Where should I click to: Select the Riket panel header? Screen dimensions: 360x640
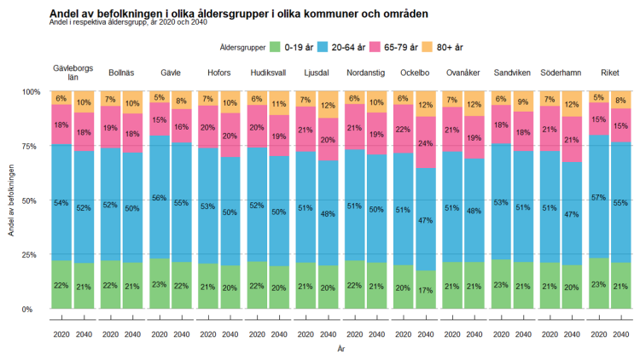tap(610, 73)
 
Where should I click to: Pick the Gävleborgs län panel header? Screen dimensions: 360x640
tap(73, 73)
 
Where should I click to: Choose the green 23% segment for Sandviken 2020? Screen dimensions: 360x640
tap(502, 284)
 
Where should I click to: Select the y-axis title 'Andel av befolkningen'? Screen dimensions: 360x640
tap(10, 200)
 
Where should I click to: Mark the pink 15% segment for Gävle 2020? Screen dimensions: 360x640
tap(159, 119)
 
